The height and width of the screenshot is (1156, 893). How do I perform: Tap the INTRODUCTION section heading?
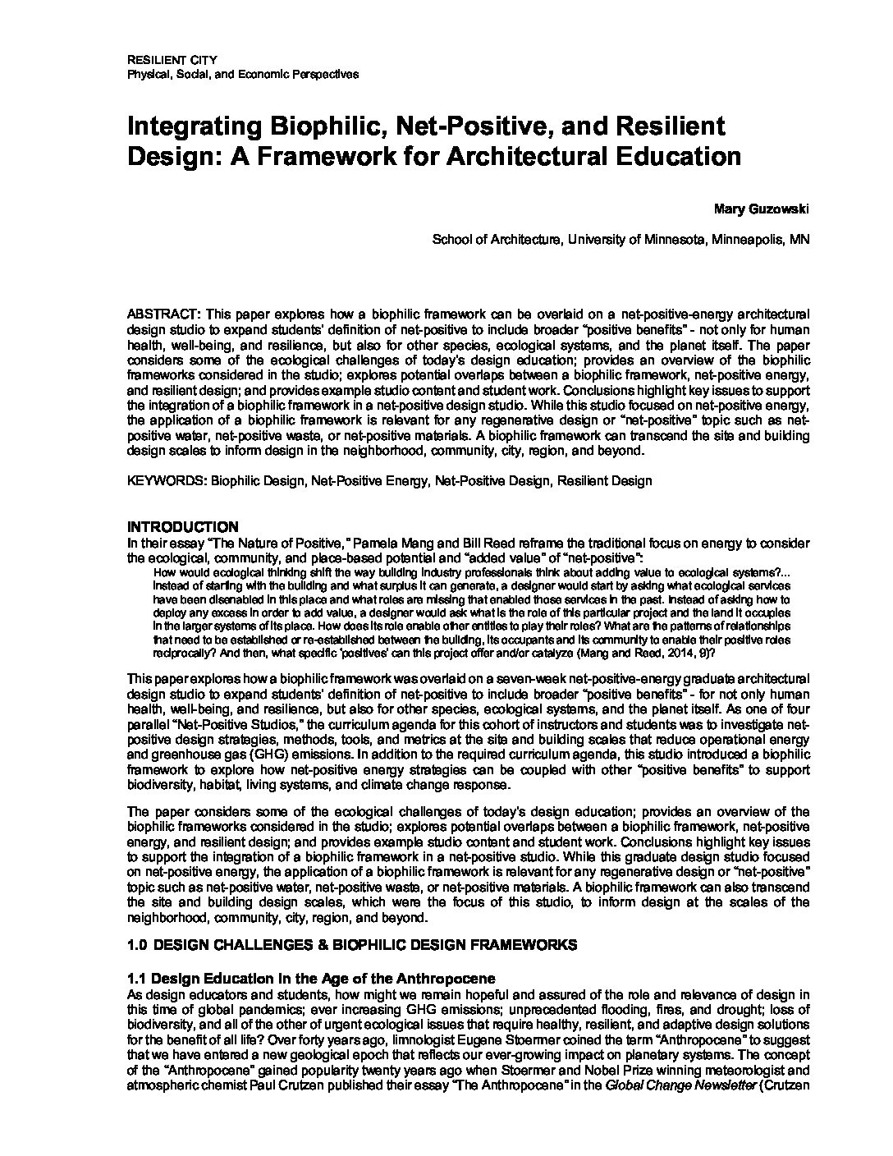[183, 526]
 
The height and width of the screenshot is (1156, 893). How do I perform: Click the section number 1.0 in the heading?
[137, 945]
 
